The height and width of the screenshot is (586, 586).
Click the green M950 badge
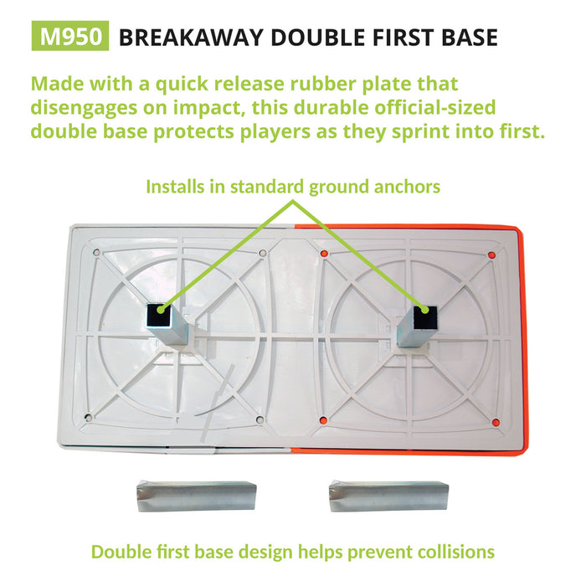click(70, 36)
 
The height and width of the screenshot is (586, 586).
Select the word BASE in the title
click(470, 38)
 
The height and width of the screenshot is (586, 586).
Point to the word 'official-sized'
click(435, 108)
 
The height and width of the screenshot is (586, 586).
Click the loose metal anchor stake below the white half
click(197, 496)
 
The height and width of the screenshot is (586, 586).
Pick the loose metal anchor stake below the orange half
click(388, 496)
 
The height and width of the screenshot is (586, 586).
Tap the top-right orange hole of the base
click(492, 255)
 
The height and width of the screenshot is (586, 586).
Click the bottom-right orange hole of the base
click(496, 423)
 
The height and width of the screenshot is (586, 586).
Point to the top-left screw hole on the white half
click(96, 253)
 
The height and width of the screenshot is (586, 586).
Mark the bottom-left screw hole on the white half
click(89, 418)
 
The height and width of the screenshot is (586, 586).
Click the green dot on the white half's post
click(161, 310)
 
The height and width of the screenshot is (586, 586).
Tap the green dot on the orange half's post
click(424, 310)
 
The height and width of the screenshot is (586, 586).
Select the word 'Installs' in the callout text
click(175, 187)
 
